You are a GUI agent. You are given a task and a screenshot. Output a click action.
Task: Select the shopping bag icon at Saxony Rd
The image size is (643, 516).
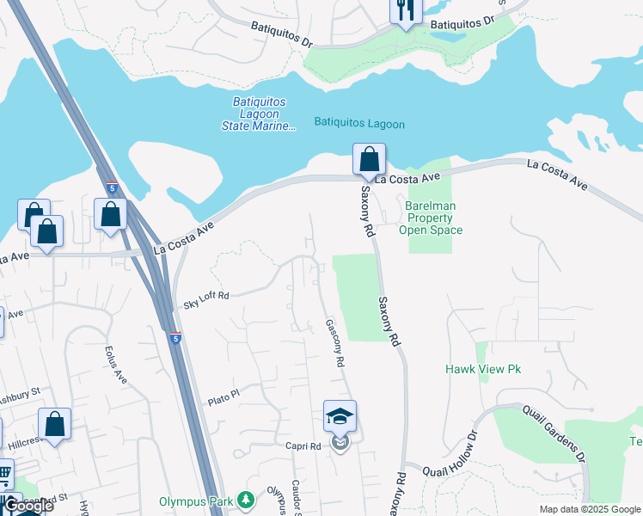[x=369, y=160]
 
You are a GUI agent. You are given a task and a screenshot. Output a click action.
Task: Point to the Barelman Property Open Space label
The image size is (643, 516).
[x=431, y=218]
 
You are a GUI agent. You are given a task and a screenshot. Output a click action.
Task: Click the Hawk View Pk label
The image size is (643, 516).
[x=483, y=369]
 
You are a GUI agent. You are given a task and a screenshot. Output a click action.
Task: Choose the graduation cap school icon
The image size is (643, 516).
[x=340, y=417]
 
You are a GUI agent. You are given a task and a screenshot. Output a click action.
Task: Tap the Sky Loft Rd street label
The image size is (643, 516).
[x=206, y=300]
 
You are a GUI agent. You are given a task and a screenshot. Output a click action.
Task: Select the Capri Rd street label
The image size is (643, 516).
[x=303, y=446]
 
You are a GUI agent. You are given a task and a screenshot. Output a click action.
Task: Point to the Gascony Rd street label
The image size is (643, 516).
[x=334, y=344]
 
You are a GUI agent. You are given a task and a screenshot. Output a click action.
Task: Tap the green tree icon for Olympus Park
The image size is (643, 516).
[x=246, y=500]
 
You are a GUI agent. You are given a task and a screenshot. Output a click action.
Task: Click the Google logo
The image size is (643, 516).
[x=28, y=506]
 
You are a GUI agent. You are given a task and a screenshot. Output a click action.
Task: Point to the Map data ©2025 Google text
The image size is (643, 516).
[x=590, y=509]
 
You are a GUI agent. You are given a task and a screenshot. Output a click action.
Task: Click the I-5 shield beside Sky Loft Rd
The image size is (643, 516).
[x=175, y=338]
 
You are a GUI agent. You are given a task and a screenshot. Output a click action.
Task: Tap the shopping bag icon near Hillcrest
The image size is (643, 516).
[x=55, y=424]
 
